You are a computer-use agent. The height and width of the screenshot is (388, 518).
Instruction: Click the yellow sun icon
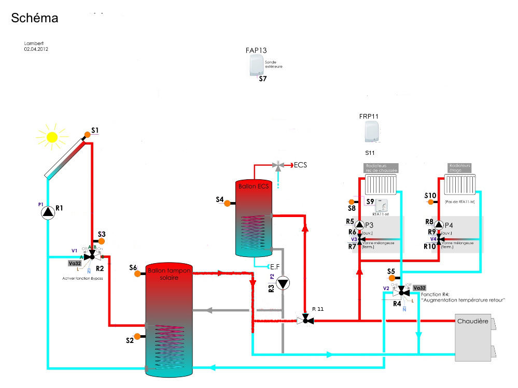(x=52, y=137)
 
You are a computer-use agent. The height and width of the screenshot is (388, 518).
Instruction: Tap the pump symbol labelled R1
(x=48, y=212)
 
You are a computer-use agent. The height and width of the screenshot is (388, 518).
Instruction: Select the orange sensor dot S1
(x=88, y=134)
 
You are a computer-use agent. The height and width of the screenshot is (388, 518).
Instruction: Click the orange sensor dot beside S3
(x=101, y=241)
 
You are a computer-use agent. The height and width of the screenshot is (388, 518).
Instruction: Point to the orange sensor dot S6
(x=137, y=274)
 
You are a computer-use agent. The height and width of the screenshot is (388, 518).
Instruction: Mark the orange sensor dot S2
(x=137, y=337)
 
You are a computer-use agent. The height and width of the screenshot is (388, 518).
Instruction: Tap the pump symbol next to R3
(x=283, y=283)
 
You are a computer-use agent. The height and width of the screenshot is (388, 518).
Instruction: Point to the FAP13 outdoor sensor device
(x=256, y=66)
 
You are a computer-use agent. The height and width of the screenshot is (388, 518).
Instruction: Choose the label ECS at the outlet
(x=300, y=165)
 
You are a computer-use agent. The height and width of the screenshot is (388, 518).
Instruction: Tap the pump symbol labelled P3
(x=360, y=225)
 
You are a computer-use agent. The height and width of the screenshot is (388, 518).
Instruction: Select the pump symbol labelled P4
(x=439, y=225)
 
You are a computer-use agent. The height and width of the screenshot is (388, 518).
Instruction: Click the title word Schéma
(x=34, y=18)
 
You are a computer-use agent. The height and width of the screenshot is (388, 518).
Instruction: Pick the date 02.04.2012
(x=36, y=49)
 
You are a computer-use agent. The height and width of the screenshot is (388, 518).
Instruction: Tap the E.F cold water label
(x=274, y=266)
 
